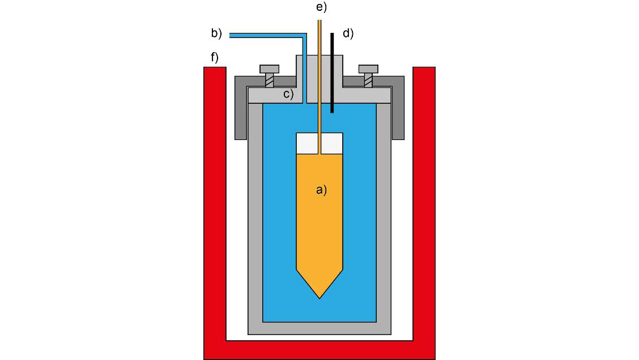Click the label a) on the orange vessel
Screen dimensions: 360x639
(x=321, y=190)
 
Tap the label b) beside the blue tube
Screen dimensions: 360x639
(x=216, y=33)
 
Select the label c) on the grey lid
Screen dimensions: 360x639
(x=288, y=94)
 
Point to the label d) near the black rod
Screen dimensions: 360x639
(x=347, y=33)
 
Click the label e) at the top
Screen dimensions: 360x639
(x=321, y=7)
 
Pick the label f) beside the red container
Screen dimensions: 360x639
(x=214, y=57)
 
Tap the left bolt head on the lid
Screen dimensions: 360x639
(x=270, y=69)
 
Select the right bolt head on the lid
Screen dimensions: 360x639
(x=368, y=69)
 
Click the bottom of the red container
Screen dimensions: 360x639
(x=320, y=350)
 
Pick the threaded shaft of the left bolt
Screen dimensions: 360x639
(x=270, y=81)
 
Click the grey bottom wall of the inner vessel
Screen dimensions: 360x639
(x=320, y=328)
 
